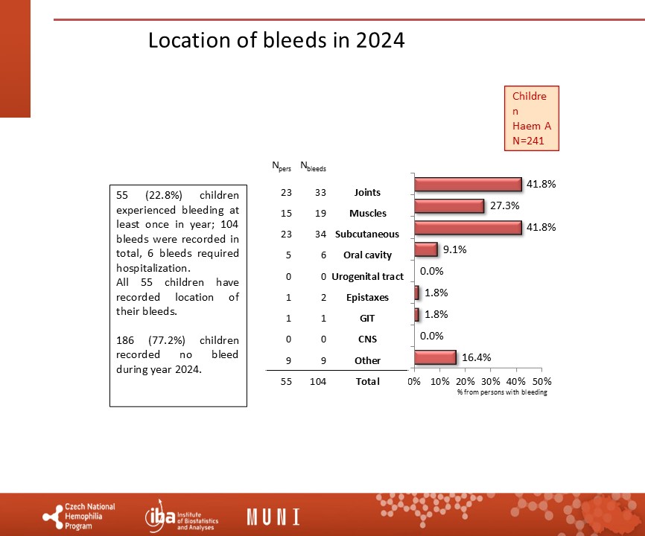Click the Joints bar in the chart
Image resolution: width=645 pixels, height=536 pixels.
(468, 185)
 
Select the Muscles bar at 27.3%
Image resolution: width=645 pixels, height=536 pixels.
(449, 206)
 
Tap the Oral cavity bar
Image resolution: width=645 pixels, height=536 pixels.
(426, 249)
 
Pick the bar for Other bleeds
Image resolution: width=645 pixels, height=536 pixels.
(435, 357)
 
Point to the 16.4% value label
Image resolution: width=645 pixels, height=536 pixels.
(477, 357)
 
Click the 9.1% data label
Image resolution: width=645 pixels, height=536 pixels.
(454, 249)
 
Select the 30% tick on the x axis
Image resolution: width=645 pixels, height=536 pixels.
(491, 381)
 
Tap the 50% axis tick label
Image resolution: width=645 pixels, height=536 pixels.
(541, 381)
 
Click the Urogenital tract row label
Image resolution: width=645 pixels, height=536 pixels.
(367, 277)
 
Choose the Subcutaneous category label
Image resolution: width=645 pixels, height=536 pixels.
(367, 234)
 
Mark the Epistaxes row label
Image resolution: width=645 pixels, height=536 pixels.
(367, 298)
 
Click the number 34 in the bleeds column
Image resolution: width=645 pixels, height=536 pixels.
(320, 234)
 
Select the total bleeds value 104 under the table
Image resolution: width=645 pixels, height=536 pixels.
(318, 381)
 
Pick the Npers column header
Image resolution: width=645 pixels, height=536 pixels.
(282, 166)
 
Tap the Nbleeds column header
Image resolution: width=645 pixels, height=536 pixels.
(313, 166)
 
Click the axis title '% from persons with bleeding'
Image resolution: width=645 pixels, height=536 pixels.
(502, 392)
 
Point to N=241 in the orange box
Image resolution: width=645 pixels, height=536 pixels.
(528, 141)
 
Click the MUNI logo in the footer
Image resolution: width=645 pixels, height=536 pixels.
(273, 517)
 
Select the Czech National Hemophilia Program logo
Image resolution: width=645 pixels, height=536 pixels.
(79, 517)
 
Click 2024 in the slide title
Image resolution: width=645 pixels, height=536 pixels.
(381, 40)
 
